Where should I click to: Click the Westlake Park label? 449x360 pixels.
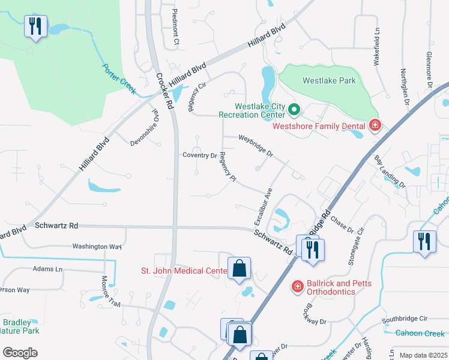click(329, 80)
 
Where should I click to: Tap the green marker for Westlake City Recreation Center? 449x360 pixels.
click(294, 109)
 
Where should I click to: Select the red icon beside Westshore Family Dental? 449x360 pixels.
click(375, 125)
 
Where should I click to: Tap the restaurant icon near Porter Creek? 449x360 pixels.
click(35, 26)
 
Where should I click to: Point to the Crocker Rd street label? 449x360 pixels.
click(164, 91)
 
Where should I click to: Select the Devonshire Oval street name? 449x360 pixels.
click(147, 127)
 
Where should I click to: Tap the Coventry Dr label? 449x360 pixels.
click(199, 155)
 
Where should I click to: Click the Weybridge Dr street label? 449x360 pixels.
click(256, 146)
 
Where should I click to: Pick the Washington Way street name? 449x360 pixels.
click(97, 246)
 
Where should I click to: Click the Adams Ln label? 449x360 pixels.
click(47, 269)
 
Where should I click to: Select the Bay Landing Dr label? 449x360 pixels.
click(390, 172)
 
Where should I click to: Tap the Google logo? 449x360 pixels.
click(20, 352)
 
